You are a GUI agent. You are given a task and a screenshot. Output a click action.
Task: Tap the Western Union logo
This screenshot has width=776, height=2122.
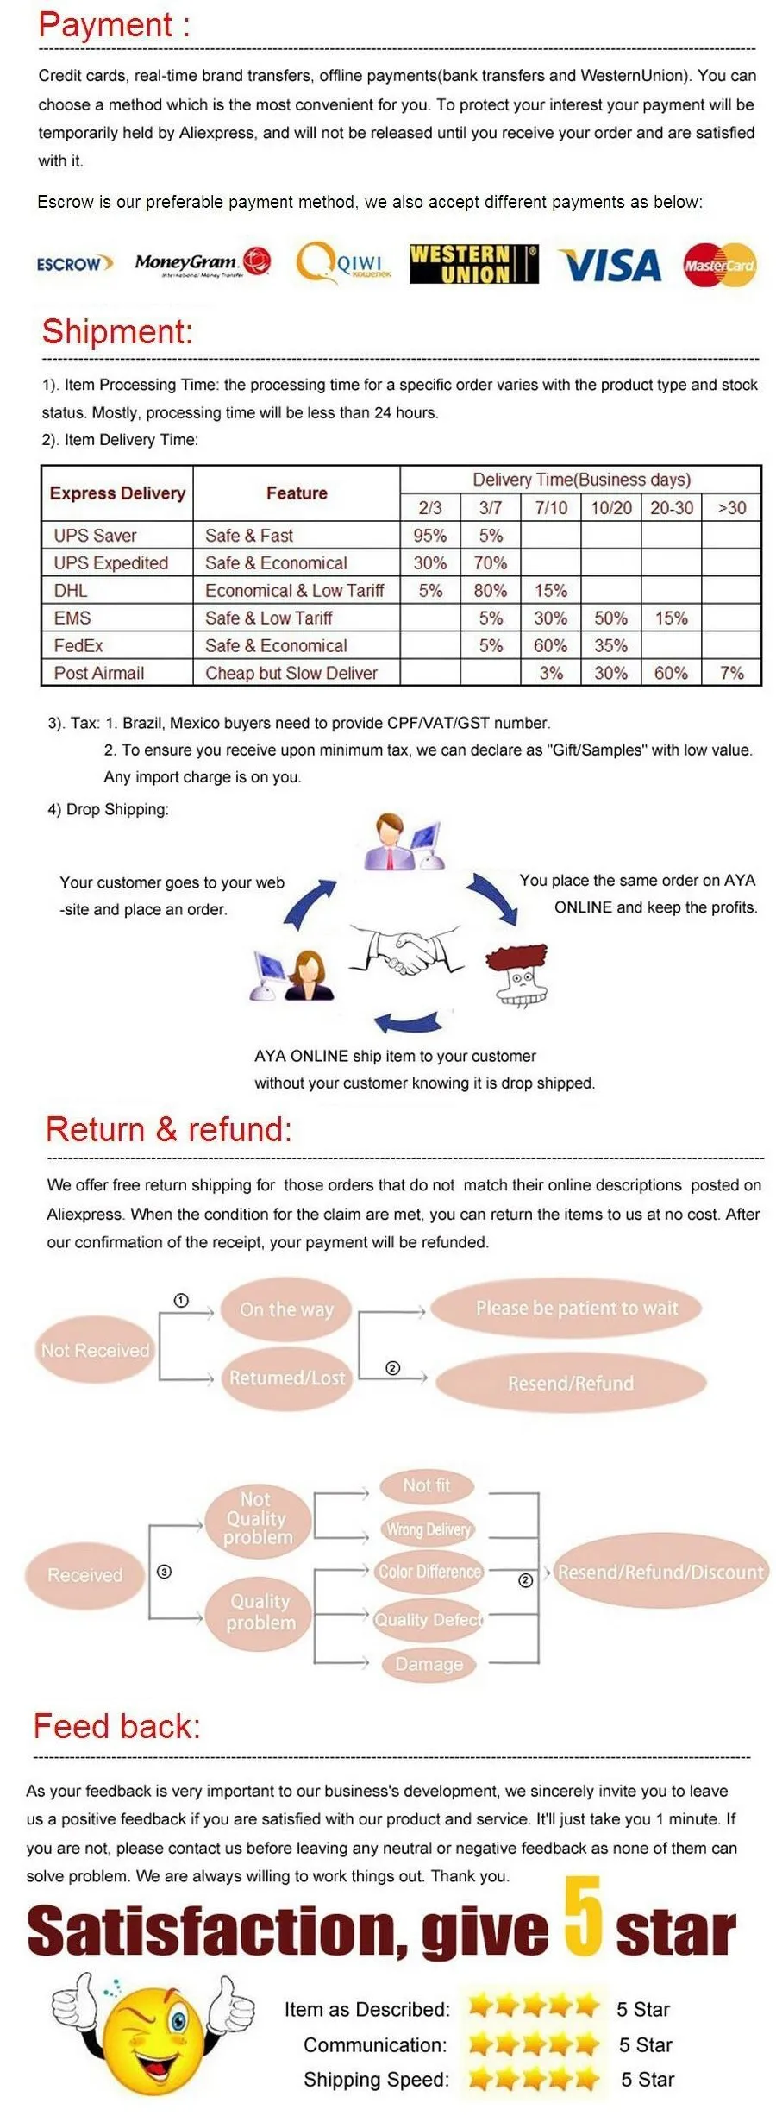click(x=472, y=264)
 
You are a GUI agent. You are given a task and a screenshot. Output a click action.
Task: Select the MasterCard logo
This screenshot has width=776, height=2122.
click(x=718, y=265)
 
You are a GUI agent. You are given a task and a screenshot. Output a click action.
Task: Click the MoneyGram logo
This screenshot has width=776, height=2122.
click(x=202, y=261)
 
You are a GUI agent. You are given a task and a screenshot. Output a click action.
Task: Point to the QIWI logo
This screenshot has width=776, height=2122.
click(x=343, y=263)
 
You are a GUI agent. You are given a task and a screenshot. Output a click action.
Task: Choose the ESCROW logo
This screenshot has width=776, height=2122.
click(x=74, y=263)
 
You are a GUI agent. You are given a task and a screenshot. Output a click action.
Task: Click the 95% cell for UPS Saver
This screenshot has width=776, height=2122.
click(x=429, y=535)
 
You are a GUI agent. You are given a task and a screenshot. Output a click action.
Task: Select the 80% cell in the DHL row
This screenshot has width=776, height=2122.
click(x=490, y=590)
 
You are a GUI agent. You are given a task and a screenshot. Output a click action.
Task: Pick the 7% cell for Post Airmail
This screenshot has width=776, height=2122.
click(x=731, y=672)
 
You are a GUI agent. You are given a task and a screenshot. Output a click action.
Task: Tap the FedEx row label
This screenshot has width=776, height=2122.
click(x=78, y=645)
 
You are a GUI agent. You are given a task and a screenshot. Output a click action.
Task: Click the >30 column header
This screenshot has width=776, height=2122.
click(x=731, y=507)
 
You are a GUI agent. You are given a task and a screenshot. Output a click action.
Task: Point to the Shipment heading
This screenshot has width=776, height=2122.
click(x=117, y=332)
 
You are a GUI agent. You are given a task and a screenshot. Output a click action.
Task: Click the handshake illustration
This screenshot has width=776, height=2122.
click(x=406, y=950)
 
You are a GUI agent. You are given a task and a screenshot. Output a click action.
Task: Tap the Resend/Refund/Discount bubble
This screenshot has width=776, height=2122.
click(x=660, y=1572)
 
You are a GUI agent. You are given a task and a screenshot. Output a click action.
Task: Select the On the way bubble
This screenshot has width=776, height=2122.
click(x=286, y=1309)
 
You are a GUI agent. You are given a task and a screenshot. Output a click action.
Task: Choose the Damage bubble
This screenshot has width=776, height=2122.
click(x=429, y=1663)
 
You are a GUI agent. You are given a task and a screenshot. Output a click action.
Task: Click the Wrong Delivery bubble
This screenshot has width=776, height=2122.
click(x=429, y=1529)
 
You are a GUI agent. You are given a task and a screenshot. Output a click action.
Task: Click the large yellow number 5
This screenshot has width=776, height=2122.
click(x=583, y=1916)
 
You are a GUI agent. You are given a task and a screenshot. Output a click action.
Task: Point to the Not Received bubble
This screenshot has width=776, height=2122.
click(x=95, y=1350)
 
